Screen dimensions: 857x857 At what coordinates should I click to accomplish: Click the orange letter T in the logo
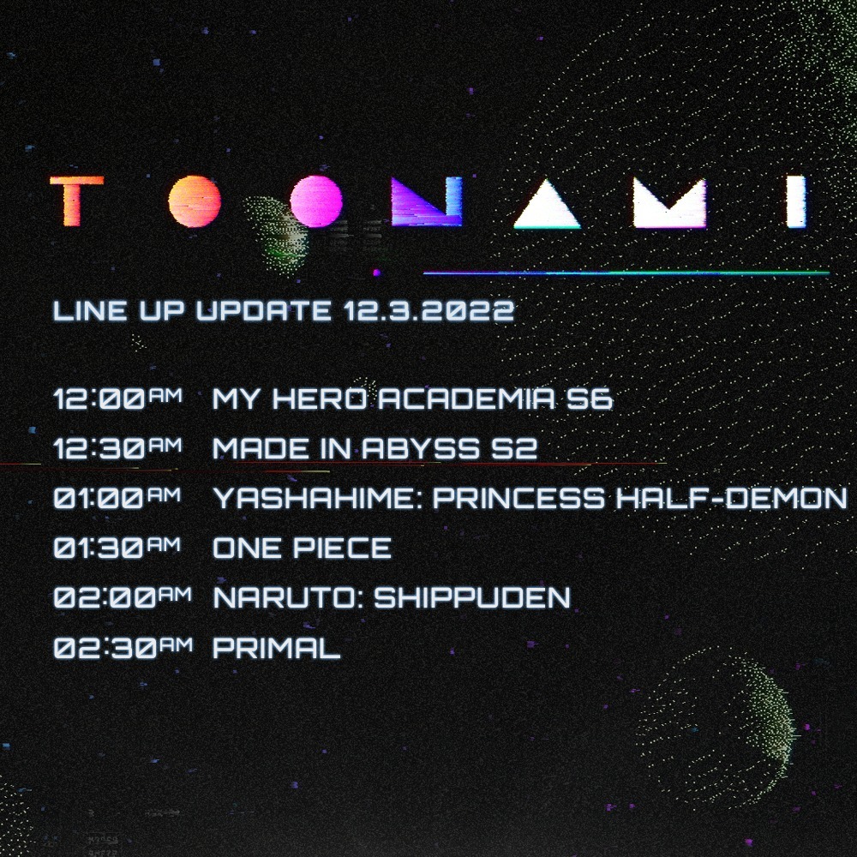point(76,201)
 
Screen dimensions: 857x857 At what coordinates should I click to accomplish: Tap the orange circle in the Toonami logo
point(195,201)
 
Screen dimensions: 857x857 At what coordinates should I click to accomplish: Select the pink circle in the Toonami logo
point(316,201)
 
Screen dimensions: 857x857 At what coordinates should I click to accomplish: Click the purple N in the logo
point(427,201)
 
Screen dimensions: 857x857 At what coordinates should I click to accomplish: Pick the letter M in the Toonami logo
point(669,203)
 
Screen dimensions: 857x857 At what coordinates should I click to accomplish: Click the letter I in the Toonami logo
point(796,201)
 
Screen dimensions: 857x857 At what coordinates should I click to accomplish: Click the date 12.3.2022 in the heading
point(429,311)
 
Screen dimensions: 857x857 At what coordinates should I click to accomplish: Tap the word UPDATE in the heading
point(263,311)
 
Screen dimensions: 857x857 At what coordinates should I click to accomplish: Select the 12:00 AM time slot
point(118,399)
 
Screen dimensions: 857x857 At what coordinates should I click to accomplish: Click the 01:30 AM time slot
point(117,547)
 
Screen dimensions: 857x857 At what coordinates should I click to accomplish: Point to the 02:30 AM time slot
point(123,648)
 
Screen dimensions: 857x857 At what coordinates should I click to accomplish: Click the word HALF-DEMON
point(732,499)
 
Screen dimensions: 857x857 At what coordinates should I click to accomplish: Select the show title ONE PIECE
point(303,548)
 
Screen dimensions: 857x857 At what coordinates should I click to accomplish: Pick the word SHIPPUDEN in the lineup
point(472,597)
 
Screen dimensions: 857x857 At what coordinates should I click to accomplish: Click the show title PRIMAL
point(277,648)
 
